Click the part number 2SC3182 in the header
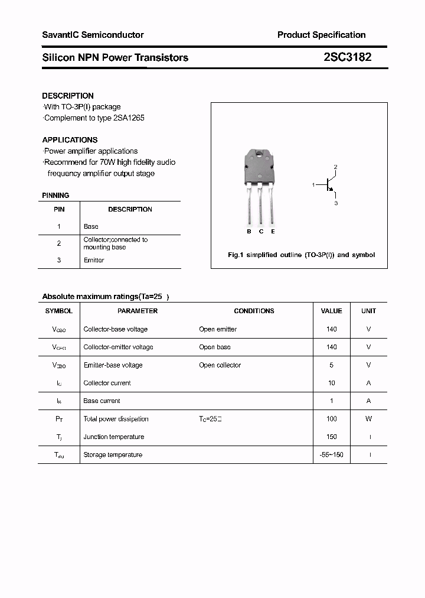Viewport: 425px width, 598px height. pos(347,57)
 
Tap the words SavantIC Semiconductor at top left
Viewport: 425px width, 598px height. pos(93,35)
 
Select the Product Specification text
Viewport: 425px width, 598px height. pos(321,35)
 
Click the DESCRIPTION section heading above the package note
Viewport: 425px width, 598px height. pos(68,96)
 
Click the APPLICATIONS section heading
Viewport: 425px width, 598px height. pos(70,140)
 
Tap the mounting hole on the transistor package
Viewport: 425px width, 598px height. pos(260,155)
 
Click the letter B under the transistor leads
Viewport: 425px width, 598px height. pos(249,232)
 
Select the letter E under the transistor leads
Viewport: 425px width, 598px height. pos(273,232)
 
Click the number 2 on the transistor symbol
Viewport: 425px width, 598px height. pos(335,167)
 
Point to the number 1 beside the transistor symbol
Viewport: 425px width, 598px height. pos(313,186)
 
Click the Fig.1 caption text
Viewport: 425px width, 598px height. pos(301,255)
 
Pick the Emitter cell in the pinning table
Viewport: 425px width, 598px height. pos(94,260)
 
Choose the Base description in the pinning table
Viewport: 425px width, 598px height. pos(91,226)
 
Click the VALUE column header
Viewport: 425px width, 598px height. pos(331,311)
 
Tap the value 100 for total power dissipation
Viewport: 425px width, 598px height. pos(331,419)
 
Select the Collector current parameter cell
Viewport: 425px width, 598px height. pos(107,383)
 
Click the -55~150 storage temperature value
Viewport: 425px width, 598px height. pos(331,454)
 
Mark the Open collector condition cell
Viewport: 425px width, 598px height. pos(220,365)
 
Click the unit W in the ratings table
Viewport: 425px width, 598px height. pos(368,419)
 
